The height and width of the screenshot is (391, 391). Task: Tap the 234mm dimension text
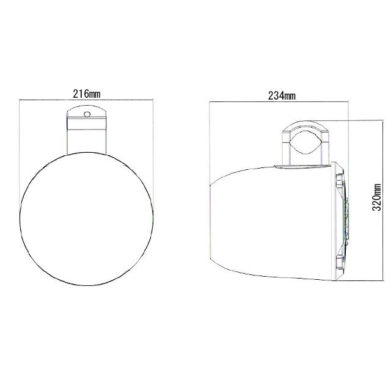pos(282,95)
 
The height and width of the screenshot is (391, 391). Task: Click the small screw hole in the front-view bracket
pos(87,114)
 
